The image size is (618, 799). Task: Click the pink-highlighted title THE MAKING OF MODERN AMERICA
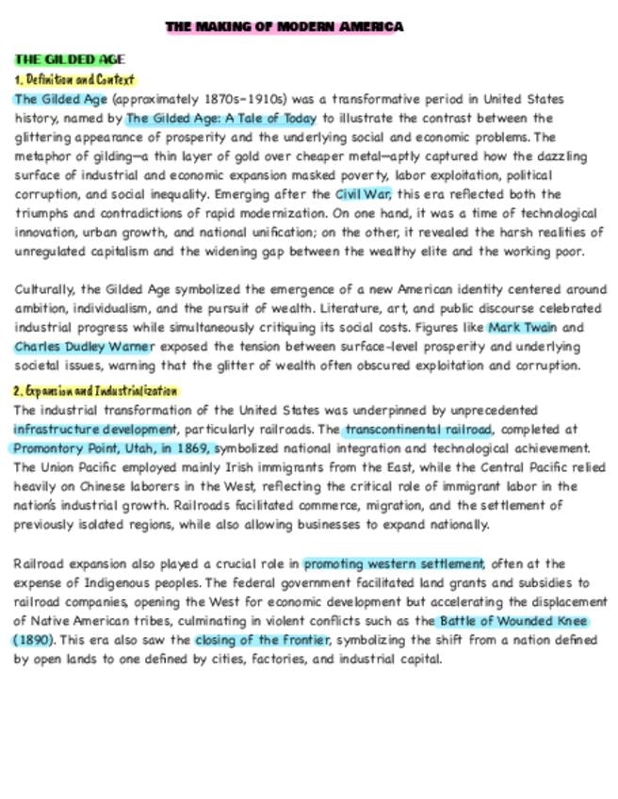[x=285, y=26]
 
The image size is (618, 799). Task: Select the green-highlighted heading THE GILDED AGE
[x=70, y=60]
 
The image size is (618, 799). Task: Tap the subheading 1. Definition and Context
[x=74, y=79]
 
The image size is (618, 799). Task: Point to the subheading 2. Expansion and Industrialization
[x=95, y=390]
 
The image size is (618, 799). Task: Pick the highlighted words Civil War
[x=363, y=194]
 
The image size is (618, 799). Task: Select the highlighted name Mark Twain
[x=522, y=328]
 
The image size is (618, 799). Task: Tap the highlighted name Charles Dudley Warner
[x=83, y=347]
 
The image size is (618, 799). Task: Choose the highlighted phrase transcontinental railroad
[x=417, y=429]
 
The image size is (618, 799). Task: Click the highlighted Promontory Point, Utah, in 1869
[x=114, y=448]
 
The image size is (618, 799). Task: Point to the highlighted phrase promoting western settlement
[x=394, y=563]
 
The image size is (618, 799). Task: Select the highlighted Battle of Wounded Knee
[x=513, y=622]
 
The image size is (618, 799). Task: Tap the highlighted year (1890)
[x=35, y=641]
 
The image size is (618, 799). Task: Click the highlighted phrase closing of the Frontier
[x=262, y=641]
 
